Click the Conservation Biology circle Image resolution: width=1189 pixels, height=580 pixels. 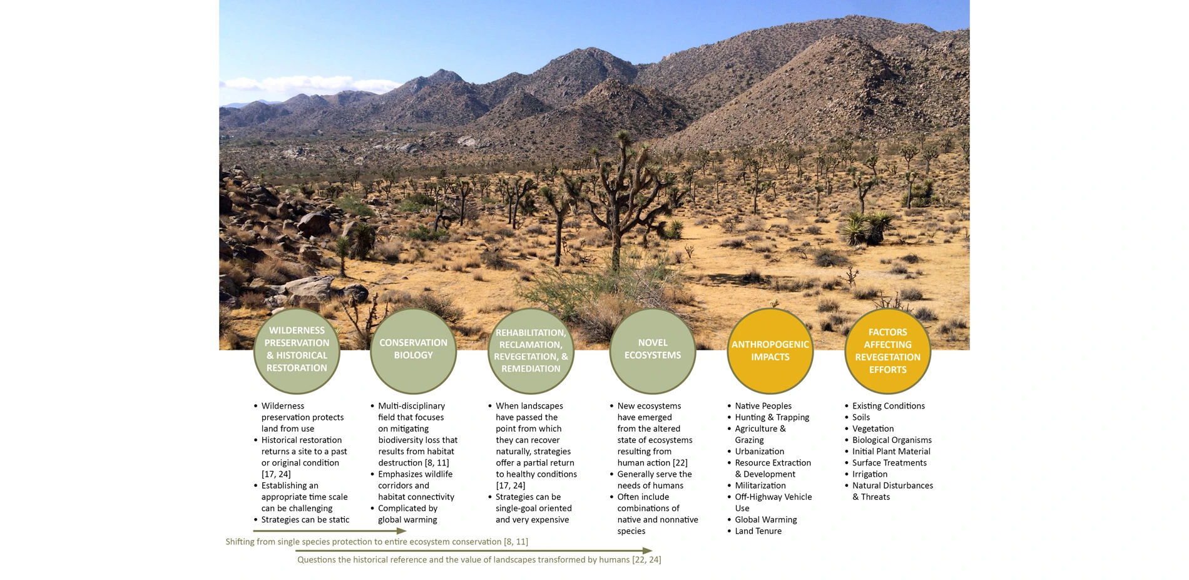pyautogui.click(x=413, y=350)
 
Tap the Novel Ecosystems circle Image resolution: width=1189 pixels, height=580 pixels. pyautogui.click(x=653, y=350)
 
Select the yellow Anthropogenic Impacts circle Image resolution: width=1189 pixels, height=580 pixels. pyautogui.click(x=770, y=351)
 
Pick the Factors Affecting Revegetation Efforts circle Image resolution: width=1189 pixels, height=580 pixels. pyautogui.click(x=887, y=351)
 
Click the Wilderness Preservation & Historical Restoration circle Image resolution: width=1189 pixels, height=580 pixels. pyautogui.click(x=297, y=350)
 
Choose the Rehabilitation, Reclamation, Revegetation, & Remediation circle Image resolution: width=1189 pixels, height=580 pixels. pyautogui.click(x=531, y=351)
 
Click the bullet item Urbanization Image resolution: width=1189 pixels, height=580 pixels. pyautogui.click(x=759, y=452)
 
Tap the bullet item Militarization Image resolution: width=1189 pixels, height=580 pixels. pyautogui.click(x=760, y=486)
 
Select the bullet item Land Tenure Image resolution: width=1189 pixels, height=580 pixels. pyautogui.click(x=758, y=531)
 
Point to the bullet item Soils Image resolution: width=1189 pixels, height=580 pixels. pyautogui.click(x=860, y=417)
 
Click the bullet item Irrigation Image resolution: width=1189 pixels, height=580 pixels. pyautogui.click(x=869, y=474)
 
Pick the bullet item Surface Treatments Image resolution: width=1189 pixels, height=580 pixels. pyautogui.click(x=889, y=463)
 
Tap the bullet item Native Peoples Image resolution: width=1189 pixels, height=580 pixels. pyautogui.click(x=763, y=406)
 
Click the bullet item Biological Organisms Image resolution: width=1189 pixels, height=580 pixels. pyautogui.click(x=891, y=440)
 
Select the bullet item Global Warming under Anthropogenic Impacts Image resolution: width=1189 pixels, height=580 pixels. pyautogui.click(x=765, y=520)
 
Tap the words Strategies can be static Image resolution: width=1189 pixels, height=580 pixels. pyautogui.click(x=305, y=520)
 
